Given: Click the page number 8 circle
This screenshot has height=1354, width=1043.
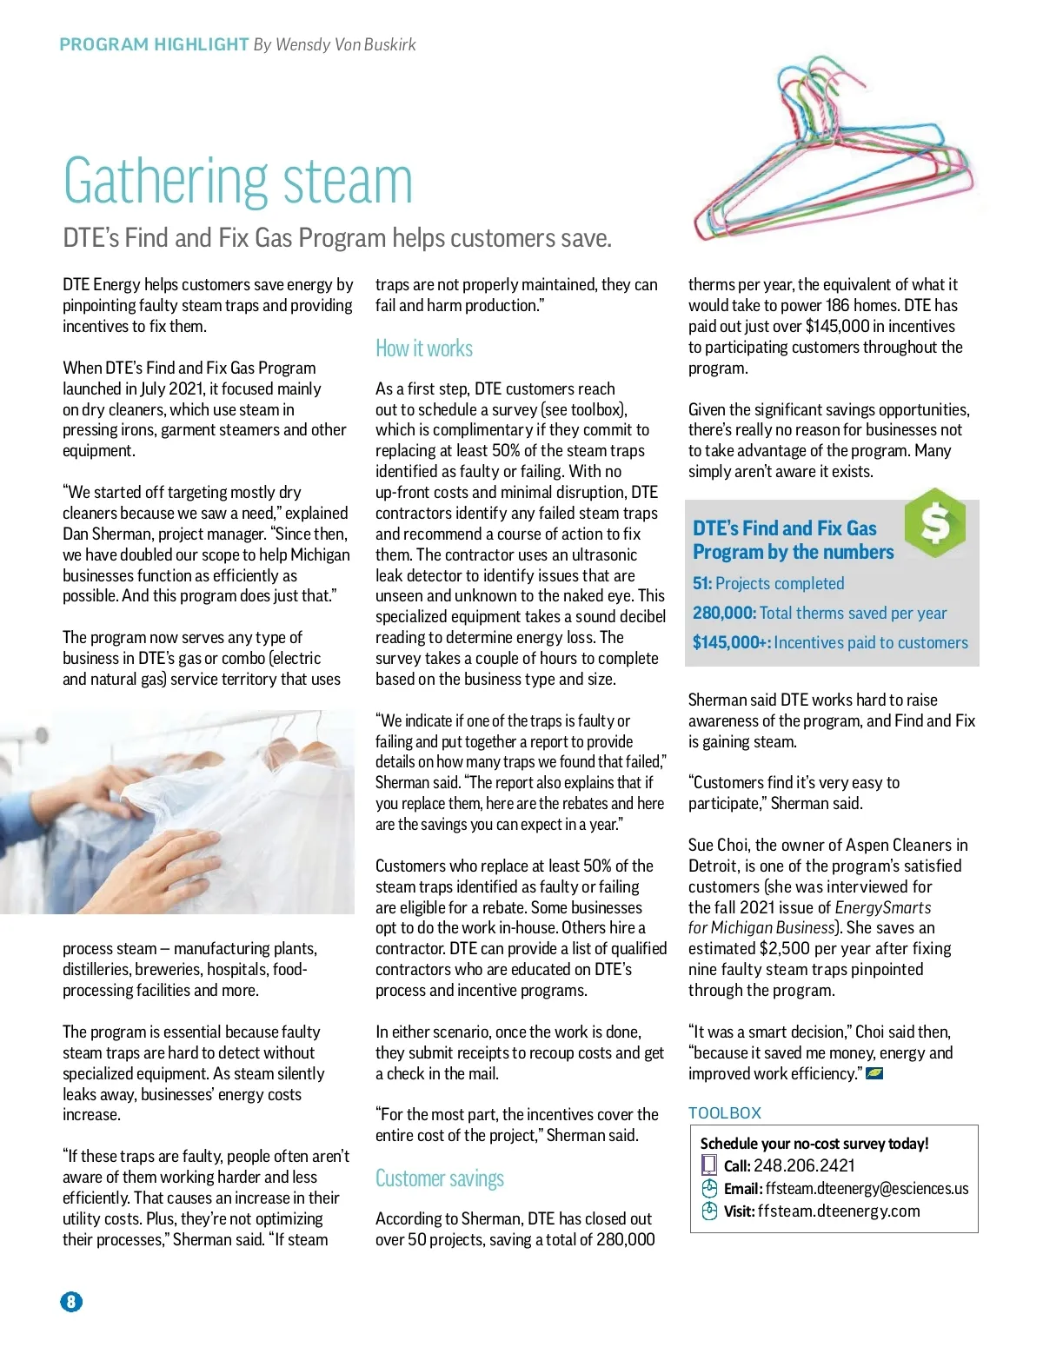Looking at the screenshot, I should pos(71,1301).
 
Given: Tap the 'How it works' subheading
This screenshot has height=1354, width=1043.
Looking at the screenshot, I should pos(424,348).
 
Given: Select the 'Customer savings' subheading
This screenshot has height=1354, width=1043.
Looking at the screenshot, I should pos(440,1178).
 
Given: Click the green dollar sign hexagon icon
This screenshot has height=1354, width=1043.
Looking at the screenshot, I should pos(934,522).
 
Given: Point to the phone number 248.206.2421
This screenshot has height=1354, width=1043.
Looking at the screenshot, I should pos(804,1165).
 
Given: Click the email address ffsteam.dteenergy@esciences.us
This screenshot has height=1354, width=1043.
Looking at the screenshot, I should pos(867,1188).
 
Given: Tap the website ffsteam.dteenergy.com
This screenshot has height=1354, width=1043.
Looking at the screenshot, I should pos(838,1211).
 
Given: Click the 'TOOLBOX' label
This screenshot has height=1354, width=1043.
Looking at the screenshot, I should pos(725,1112).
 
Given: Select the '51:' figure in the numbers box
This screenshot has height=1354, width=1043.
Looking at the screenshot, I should pos(701,583).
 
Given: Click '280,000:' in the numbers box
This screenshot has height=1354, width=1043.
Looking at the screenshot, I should pos(724,613).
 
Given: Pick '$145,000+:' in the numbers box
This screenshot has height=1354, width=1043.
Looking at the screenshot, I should pos(731,642).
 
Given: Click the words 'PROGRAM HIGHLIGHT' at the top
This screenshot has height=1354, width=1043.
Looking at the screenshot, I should pos(154,44).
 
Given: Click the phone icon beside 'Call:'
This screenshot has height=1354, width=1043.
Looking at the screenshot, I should pos(709,1165).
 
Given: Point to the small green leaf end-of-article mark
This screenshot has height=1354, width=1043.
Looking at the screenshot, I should pos(874,1073).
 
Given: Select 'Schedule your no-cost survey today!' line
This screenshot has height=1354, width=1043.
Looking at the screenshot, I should pos(814,1144).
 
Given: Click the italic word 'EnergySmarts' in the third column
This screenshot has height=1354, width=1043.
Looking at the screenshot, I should pos(882,907).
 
